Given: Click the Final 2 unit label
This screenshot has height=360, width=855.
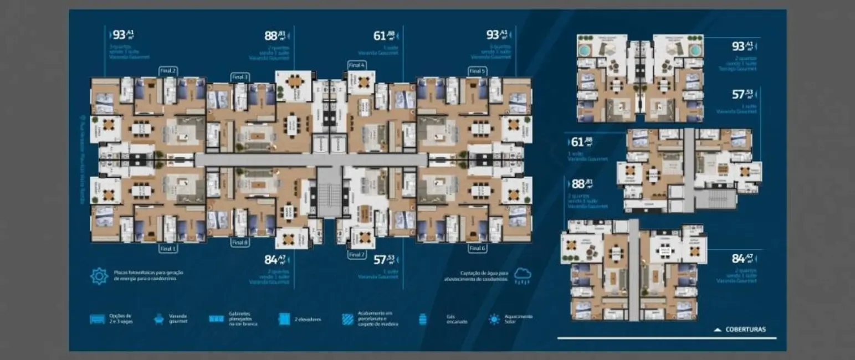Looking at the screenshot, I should click(x=168, y=71).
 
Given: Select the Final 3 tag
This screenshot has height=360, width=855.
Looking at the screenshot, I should click(x=240, y=77).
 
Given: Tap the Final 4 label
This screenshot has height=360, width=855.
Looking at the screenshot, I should click(x=356, y=65).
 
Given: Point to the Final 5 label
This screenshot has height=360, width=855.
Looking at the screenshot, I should click(x=477, y=71).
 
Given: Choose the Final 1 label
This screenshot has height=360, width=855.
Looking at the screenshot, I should click(x=168, y=249).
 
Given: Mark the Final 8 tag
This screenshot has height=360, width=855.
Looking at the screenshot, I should click(x=240, y=243).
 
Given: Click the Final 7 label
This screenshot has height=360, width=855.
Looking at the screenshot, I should click(x=356, y=255).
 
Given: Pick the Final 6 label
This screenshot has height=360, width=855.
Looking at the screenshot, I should click(x=477, y=249).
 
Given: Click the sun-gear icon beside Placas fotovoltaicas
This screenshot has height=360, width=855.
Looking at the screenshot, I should click(x=99, y=276).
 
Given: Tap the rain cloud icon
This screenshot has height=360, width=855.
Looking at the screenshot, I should click(x=521, y=275).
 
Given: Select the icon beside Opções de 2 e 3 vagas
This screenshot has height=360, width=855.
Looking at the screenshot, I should click(x=97, y=319).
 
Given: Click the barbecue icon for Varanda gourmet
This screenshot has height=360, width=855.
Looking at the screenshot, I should click(x=158, y=319).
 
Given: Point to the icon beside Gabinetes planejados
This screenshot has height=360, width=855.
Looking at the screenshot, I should click(x=216, y=319).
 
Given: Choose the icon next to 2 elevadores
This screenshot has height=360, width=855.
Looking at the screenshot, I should click(x=284, y=319).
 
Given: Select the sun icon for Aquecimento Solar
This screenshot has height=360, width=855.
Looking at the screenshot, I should click(x=494, y=319).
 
